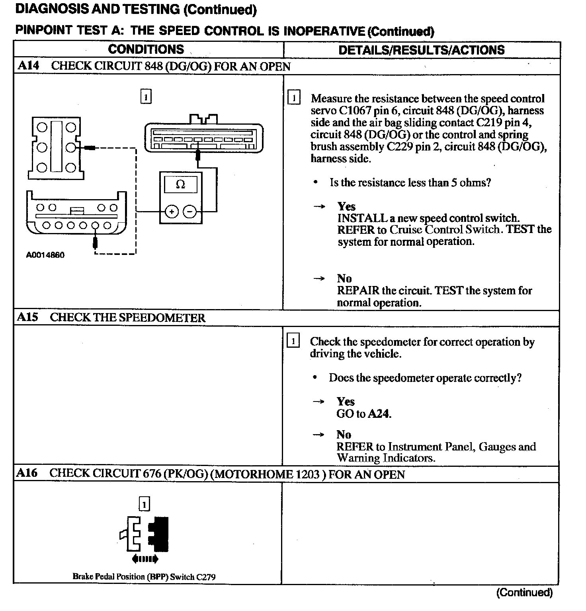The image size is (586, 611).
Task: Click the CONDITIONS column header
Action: click(146, 49)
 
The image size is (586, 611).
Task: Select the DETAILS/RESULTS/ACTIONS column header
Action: click(421, 50)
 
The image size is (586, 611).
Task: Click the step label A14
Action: click(28, 66)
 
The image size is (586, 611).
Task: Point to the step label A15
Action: click(27, 317)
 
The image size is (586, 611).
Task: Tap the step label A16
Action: click(27, 473)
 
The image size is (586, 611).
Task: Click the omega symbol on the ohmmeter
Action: click(180, 184)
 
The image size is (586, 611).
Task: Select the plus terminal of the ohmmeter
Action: click(172, 211)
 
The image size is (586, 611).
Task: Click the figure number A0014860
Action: click(45, 255)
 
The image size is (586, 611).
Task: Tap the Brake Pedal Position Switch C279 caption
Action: click(144, 576)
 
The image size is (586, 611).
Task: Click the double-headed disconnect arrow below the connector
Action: click(145, 559)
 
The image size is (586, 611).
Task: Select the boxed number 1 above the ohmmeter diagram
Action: click(146, 97)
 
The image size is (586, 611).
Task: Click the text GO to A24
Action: click(363, 414)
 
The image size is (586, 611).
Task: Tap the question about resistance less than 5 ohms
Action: click(410, 182)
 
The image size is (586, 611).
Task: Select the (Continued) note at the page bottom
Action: click(524, 592)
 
